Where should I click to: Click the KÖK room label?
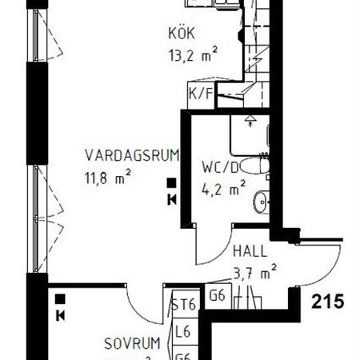coord(182,34)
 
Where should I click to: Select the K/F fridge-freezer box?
coord(199,94)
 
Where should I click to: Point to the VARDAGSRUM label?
coord(133,154)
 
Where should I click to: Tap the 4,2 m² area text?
coord(223,190)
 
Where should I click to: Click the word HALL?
coord(250,250)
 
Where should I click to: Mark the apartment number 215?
coord(328,302)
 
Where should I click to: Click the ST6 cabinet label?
coord(183,305)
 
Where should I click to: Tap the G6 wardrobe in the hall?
coord(217,295)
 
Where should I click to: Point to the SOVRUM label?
coord(133,345)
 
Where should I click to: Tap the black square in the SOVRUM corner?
coord(60,301)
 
